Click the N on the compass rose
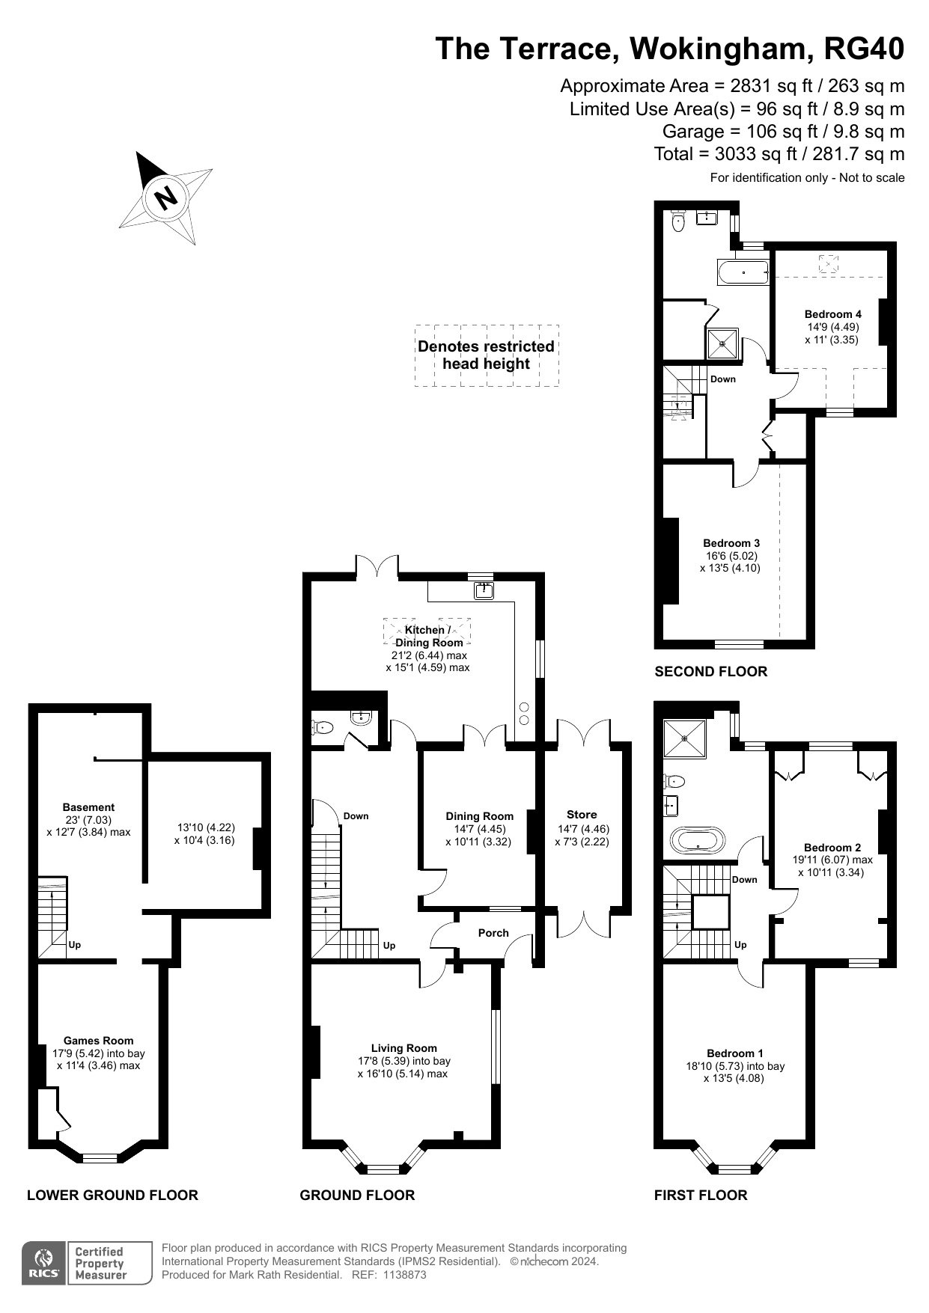pos(166,198)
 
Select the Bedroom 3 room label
pos(731,543)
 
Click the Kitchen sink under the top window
pos(484,591)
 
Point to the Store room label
pos(582,815)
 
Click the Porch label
pos(493,933)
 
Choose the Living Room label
pos(404,1048)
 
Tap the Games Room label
pos(99,1041)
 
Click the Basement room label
pos(88,807)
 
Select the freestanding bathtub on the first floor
pos(698,840)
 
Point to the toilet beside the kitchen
pos(323,726)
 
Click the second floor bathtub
pos(743,272)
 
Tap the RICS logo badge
pos(44,1264)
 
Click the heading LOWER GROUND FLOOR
pos(112,1195)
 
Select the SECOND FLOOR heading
pos(711,671)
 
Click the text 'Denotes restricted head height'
pos(486,355)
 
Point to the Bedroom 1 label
pos(734,1053)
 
